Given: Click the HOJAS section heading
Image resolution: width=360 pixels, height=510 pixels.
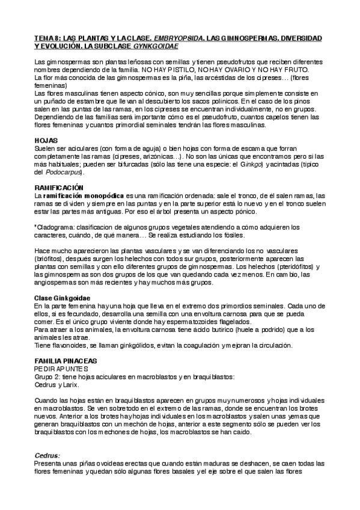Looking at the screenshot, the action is pyautogui.click(x=46, y=140).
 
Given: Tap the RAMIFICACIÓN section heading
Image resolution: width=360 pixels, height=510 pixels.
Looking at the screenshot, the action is pyautogui.click(x=59, y=188).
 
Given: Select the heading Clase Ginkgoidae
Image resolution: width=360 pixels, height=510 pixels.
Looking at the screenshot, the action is pyautogui.click(x=63, y=298).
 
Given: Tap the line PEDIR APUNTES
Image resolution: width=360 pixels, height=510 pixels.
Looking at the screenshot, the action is pyautogui.click(x=61, y=369).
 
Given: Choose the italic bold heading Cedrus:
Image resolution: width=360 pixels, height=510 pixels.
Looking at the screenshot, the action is pyautogui.click(x=47, y=456).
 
